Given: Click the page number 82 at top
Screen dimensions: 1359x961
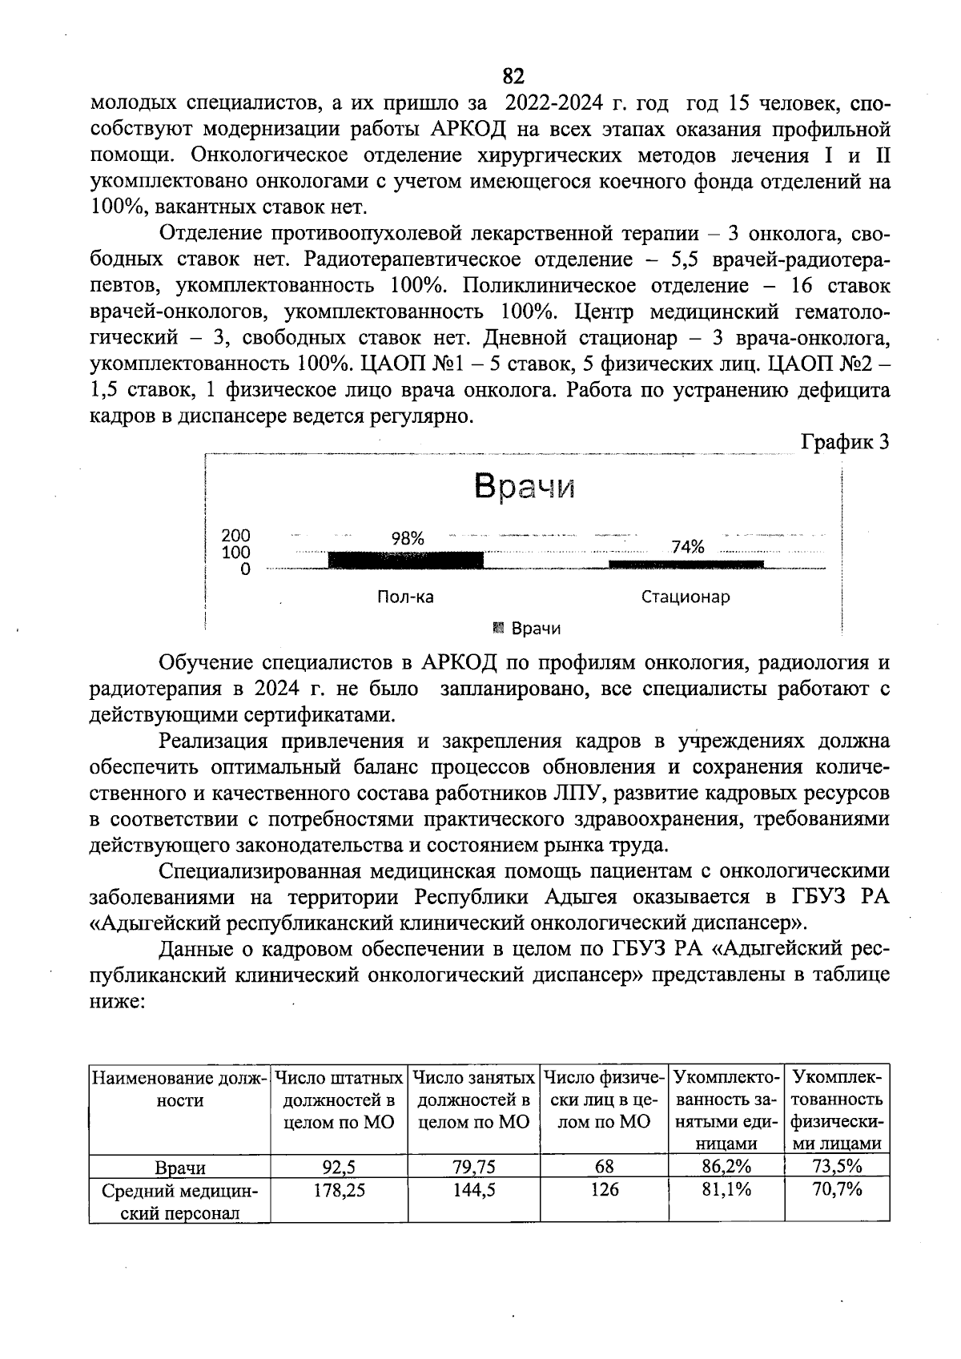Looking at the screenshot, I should click(513, 76).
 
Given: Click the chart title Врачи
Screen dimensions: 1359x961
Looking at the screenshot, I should click(525, 486).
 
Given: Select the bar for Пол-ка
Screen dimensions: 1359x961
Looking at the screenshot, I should click(406, 560).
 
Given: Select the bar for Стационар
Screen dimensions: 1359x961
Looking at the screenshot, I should click(686, 565).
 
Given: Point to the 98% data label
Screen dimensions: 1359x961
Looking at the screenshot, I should click(408, 539).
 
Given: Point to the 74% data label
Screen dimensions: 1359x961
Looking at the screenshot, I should click(688, 547).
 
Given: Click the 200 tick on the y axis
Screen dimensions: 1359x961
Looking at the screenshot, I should click(235, 535).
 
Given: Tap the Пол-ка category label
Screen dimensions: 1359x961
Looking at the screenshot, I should click(405, 597).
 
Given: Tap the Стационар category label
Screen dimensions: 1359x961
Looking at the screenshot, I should click(686, 597).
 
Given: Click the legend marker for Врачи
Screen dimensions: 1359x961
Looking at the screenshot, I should click(499, 627).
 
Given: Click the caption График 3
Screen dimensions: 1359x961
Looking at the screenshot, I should click(846, 442).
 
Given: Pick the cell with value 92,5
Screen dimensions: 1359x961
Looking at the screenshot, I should click(339, 1166).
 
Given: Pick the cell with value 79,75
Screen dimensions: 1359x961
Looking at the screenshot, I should click(473, 1166).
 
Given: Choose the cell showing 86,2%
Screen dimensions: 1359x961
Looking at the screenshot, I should click(726, 1166).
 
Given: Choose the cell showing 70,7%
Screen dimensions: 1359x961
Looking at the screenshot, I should click(837, 1189).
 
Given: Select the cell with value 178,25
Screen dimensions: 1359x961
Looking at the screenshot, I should click(339, 1189).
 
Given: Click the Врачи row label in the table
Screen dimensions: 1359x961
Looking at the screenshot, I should click(180, 1166).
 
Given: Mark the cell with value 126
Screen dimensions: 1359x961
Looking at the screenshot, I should click(604, 1189).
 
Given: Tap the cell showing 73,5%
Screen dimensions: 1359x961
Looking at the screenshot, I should click(837, 1166).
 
